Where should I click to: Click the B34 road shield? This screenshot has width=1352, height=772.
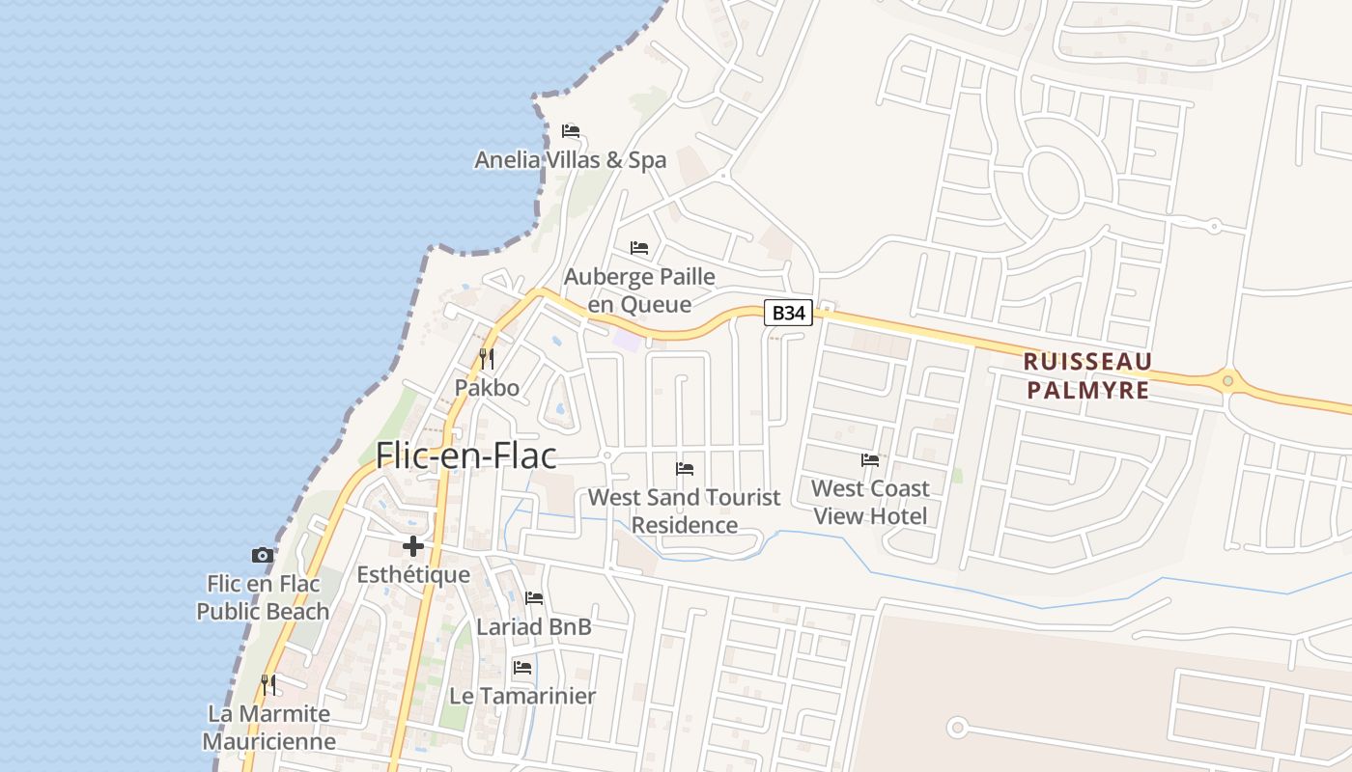coord(788,313)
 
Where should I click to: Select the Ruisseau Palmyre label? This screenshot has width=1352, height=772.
coord(1087,375)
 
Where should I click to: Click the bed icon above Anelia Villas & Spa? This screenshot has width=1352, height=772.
coord(571,131)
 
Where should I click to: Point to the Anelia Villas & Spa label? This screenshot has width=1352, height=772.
coord(570,160)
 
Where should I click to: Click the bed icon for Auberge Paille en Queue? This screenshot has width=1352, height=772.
coord(639,248)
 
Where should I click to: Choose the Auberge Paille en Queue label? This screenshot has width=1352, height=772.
coord(639,290)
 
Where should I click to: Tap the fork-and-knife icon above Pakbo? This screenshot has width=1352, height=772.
coord(487,359)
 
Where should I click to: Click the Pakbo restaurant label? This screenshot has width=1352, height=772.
coord(487,388)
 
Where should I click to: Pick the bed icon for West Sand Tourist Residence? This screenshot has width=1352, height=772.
coord(685,469)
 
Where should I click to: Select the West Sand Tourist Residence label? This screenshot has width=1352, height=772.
coord(685,511)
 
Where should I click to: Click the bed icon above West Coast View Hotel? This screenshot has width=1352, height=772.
coord(870,460)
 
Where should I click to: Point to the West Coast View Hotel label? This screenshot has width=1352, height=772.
coord(870,502)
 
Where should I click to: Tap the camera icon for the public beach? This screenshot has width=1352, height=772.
coord(263,555)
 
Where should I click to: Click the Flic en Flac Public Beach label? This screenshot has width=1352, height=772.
coord(263,597)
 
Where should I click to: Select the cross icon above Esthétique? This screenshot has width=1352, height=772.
coord(413,546)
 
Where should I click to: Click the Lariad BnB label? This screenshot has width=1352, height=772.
coord(533,627)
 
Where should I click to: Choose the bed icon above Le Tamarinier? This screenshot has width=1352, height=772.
coord(522,667)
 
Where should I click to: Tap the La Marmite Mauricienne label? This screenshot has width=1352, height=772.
coord(268,728)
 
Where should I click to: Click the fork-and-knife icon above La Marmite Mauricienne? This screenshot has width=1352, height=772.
coord(268,685)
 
